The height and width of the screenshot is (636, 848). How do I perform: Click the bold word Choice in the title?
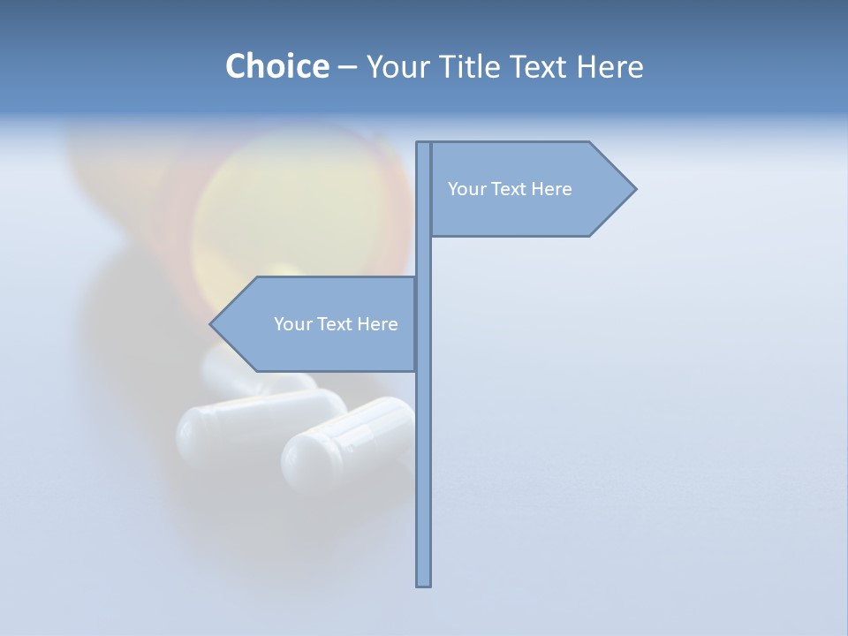point(276,66)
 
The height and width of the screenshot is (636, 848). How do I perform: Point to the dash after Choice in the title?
point(347,67)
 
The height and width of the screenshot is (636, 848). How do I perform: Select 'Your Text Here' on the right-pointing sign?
point(510,189)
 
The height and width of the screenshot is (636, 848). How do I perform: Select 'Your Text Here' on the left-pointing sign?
point(336,324)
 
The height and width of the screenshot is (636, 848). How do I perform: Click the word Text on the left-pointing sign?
point(334,324)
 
